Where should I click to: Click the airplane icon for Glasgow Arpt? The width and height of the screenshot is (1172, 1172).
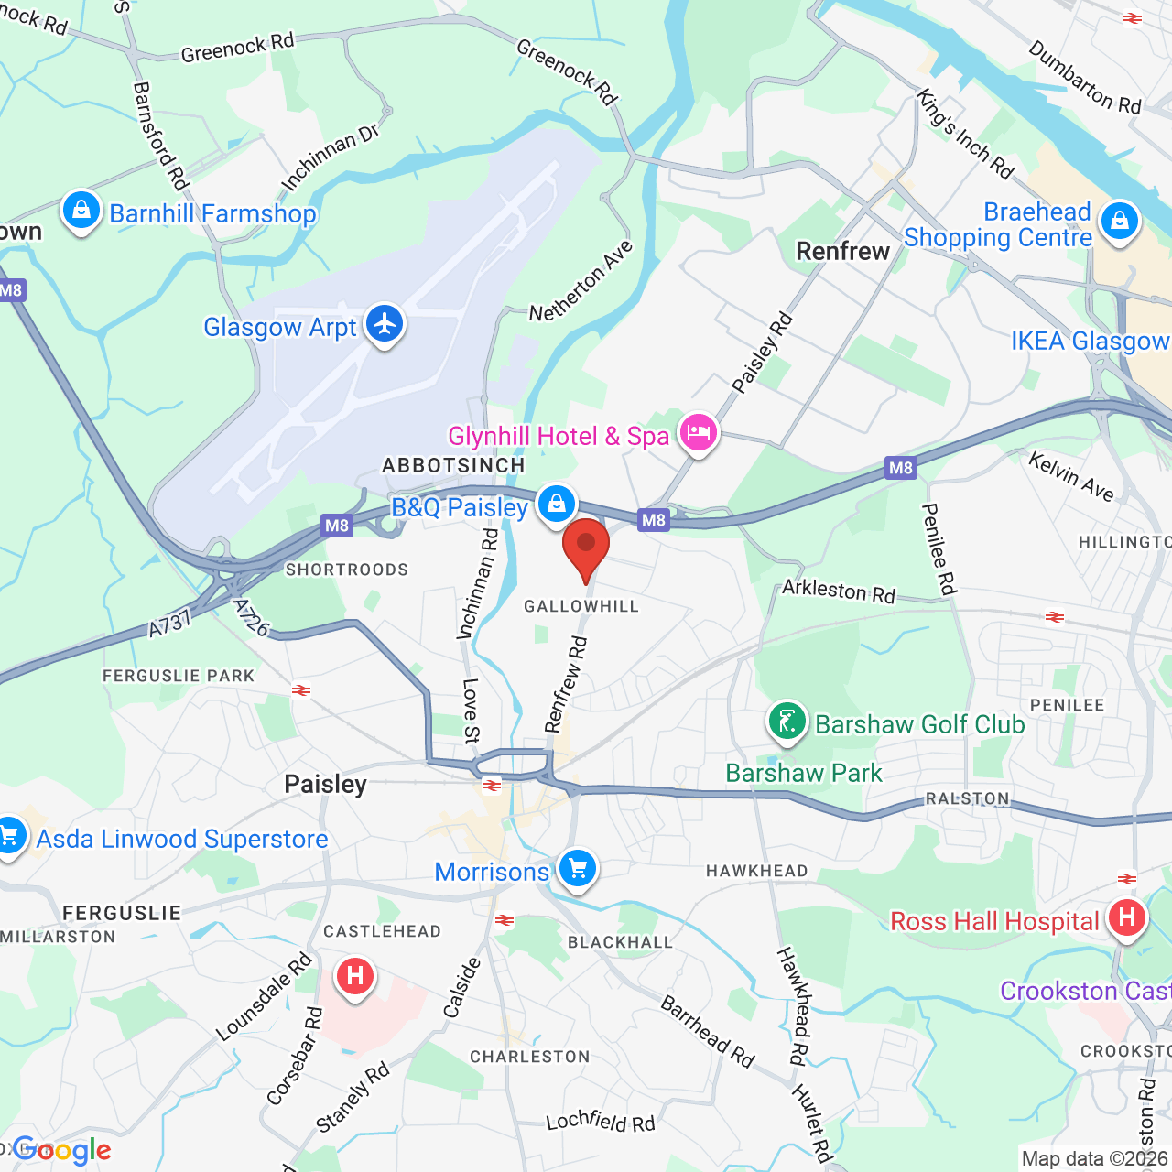(385, 324)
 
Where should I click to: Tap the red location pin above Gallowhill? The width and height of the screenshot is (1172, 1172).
(586, 547)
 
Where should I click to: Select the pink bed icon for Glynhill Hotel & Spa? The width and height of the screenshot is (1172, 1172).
(699, 432)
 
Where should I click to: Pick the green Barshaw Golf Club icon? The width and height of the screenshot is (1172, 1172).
(787, 723)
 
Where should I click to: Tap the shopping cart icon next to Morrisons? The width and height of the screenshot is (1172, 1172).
(578, 868)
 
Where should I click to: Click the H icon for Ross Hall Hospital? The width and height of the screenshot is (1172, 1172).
(1126, 917)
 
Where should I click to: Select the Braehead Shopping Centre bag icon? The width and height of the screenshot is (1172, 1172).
(1119, 222)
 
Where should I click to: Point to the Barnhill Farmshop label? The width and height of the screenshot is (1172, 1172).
(212, 214)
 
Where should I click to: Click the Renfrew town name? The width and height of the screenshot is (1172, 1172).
(842, 251)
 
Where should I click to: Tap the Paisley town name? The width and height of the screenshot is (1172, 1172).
(325, 785)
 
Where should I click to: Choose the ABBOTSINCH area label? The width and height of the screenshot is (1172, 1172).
(453, 465)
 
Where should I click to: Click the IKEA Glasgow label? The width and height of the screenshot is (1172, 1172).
(1090, 342)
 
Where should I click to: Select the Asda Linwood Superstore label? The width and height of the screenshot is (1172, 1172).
(182, 839)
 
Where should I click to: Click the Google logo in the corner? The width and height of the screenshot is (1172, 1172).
(61, 1150)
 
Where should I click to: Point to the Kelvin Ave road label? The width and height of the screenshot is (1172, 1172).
(1071, 477)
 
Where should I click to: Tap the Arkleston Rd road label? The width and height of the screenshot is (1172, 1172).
(838, 591)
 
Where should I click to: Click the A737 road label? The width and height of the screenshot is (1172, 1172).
(169, 624)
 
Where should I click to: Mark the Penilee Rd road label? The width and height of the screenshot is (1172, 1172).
(939, 548)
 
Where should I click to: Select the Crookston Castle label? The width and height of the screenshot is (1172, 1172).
(1085, 991)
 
